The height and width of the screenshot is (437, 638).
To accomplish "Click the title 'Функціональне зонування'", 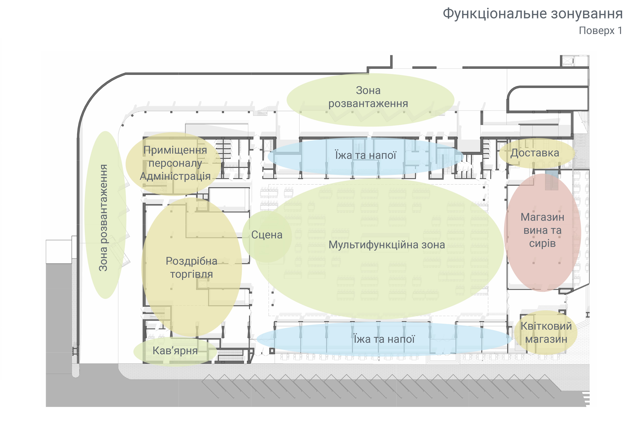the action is (533, 14).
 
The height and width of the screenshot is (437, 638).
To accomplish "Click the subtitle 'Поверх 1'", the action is (600, 30).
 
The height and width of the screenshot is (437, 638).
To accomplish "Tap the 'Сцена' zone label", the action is (267, 235).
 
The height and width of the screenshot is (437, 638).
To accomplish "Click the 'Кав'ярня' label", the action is (175, 351).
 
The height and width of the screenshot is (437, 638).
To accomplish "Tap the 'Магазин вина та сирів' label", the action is (542, 230).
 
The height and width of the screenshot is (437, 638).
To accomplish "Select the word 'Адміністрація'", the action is (175, 176).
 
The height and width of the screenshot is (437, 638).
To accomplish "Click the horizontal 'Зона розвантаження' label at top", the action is (368, 97).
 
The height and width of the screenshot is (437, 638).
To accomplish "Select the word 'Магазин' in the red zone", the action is (542, 217).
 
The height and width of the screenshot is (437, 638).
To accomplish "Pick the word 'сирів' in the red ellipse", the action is (542, 243).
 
